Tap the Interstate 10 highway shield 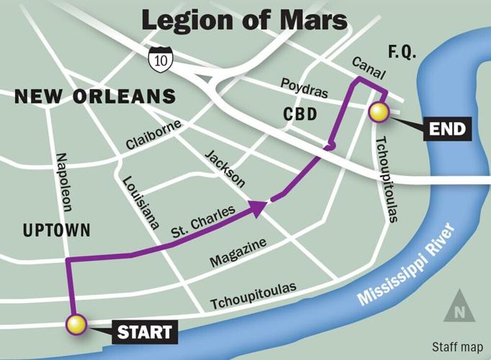pos(158,61)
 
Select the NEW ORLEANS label pos(95,96)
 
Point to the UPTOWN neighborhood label pos(56,230)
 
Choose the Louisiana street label pos(140,202)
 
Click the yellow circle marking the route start pos(76,325)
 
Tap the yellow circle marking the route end pos(379,112)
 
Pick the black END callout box pos(446,130)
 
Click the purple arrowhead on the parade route pos(258,207)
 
